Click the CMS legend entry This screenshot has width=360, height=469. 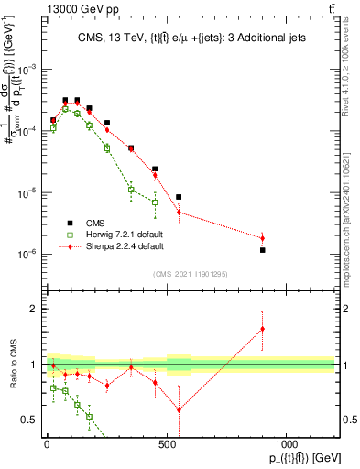[x=96, y=222]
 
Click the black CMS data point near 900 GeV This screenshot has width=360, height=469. [x=263, y=250]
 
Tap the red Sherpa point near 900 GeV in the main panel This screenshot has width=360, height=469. [x=263, y=238]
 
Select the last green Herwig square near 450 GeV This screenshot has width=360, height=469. [x=155, y=202]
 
